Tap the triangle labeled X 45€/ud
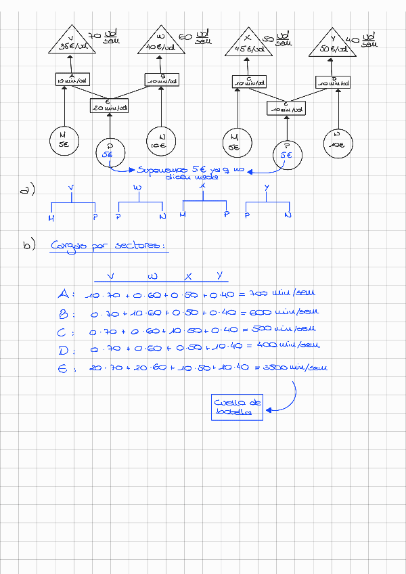coord(247,43)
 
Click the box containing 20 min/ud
coord(109,106)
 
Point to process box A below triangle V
coord(72,79)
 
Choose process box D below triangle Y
coord(334,82)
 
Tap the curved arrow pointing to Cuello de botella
coord(288,399)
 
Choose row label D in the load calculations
coord(64,349)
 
